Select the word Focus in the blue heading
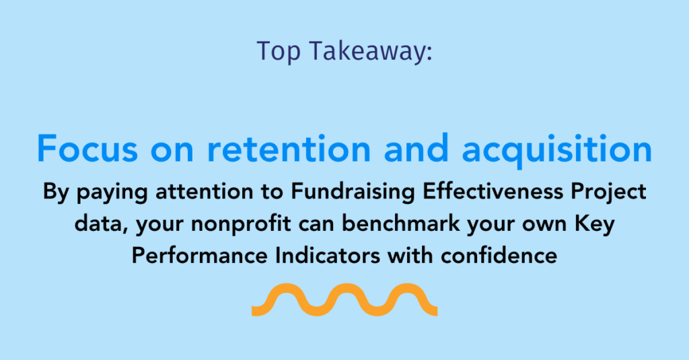click(x=87, y=149)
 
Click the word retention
click(x=289, y=149)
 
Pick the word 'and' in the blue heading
click(x=416, y=148)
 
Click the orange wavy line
click(x=344, y=300)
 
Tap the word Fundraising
click(x=353, y=192)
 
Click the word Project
click(x=608, y=192)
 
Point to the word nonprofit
click(x=241, y=224)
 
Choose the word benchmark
click(x=401, y=223)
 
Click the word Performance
click(x=199, y=256)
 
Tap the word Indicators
click(x=328, y=256)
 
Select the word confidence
click(x=499, y=256)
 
